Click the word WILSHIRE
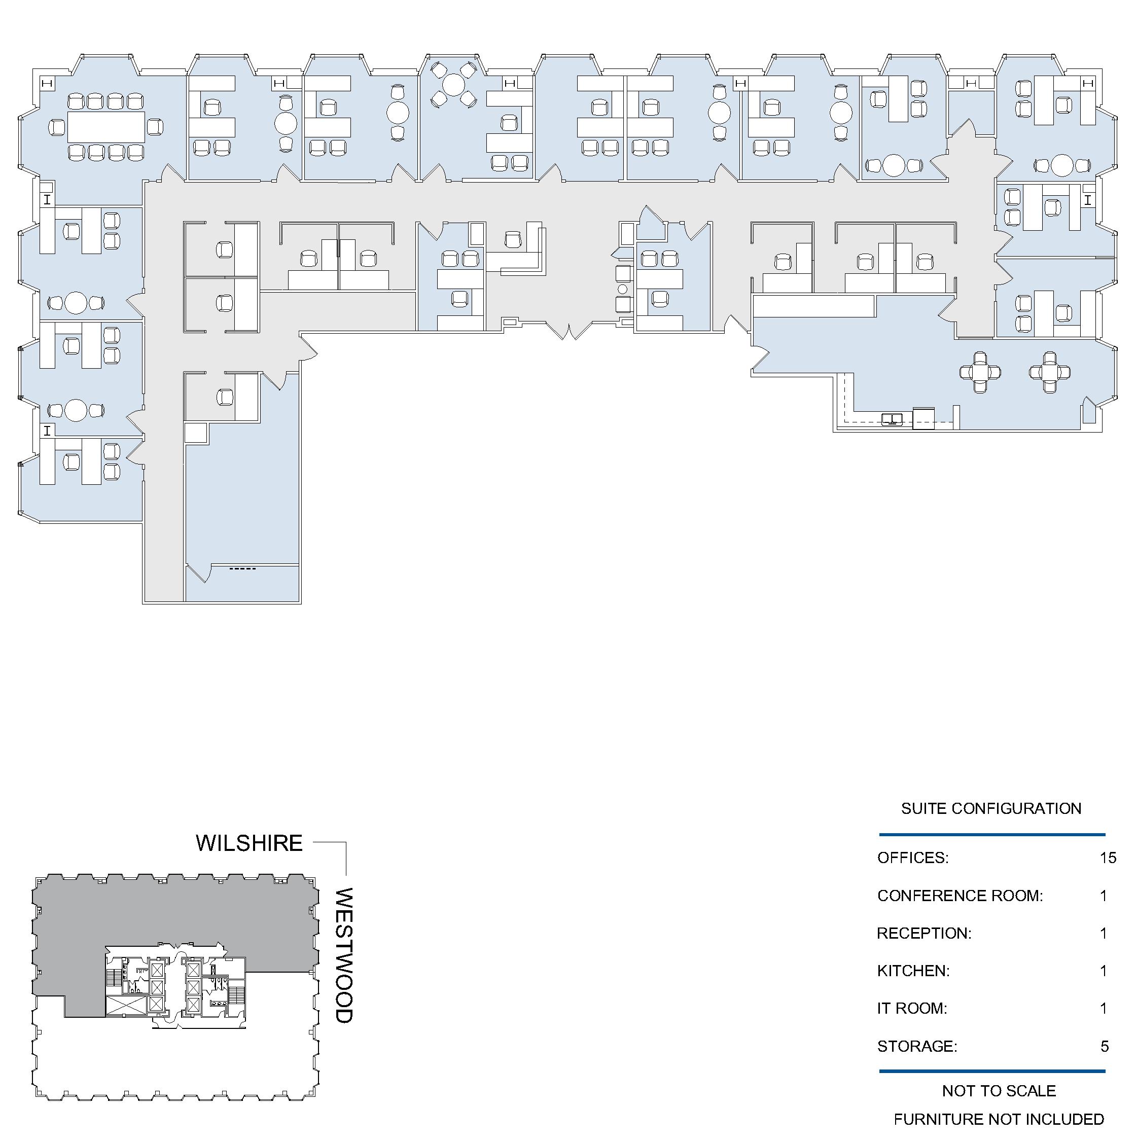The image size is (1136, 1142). pos(249,843)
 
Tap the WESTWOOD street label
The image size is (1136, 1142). pos(344,955)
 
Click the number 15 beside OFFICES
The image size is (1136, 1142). pos(1108,857)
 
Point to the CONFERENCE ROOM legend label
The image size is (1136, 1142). pos(960,896)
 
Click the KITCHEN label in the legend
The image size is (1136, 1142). pos(913,971)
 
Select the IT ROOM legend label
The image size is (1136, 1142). pos(912,1009)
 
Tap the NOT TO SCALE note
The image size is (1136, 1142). pos(999,1091)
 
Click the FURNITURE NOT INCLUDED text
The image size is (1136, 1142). pos(999,1119)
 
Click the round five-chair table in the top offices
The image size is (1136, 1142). pos(453,85)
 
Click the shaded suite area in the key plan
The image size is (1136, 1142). pos(171,922)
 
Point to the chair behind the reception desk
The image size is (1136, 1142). pos(513,239)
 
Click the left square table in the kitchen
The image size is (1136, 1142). pos(980,372)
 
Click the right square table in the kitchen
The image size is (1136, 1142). pos(1049,372)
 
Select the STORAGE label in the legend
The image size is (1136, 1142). pos(917,1046)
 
